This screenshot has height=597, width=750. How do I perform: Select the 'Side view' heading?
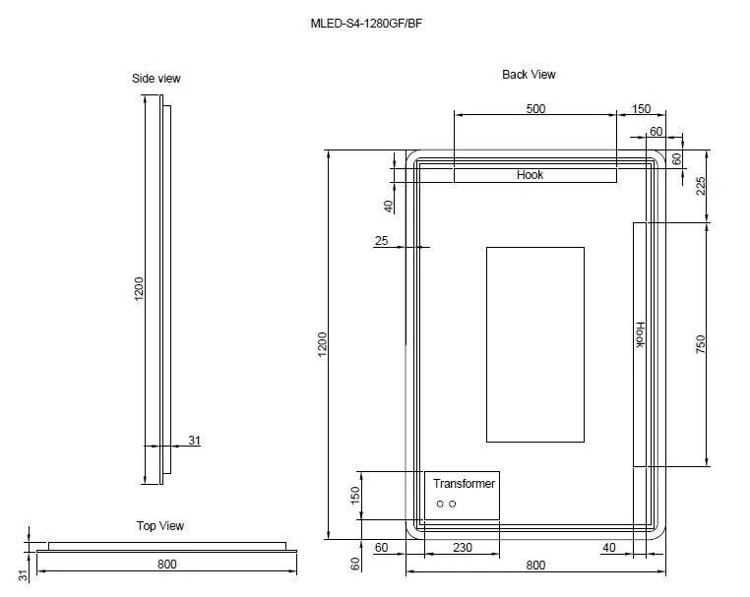click(156, 79)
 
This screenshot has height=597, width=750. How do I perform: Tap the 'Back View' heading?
click(529, 75)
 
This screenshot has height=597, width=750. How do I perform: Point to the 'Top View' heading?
click(159, 526)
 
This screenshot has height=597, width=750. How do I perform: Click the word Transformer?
click(465, 484)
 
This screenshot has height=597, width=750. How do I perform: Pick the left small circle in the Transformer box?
click(440, 505)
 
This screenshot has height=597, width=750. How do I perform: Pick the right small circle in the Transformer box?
click(453, 505)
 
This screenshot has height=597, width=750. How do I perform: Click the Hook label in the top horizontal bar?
click(530, 175)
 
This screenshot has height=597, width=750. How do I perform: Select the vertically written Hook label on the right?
click(639, 335)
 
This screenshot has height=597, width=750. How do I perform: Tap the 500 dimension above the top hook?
click(534, 109)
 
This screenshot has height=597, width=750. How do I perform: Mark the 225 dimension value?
click(701, 186)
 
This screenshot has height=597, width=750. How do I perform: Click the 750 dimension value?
click(701, 344)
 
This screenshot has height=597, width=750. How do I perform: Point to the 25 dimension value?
click(382, 241)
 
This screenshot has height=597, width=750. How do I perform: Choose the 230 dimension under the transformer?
click(462, 548)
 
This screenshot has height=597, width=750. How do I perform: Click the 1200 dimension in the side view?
click(139, 287)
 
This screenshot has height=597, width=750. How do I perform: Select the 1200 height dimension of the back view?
click(322, 344)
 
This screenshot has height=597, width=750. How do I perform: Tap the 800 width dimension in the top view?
click(166, 565)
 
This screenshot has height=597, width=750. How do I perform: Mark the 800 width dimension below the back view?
click(534, 566)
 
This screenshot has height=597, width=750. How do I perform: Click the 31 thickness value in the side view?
click(194, 441)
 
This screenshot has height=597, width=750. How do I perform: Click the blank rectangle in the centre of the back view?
click(534, 344)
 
